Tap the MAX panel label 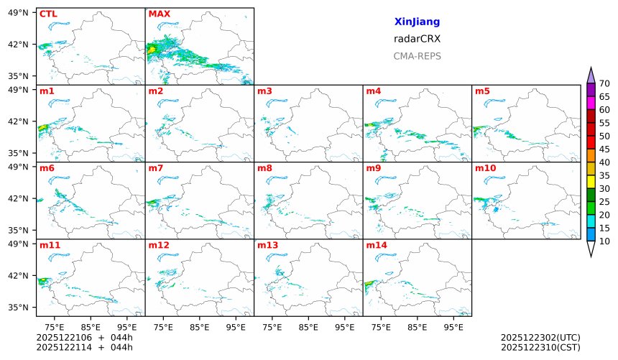click(x=158, y=14)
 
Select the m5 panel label click(x=482, y=91)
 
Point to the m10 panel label click(x=485, y=168)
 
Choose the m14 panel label click(x=376, y=245)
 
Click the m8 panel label click(x=264, y=168)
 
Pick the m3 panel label click(x=264, y=91)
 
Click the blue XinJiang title click(x=417, y=22)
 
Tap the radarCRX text click(x=417, y=39)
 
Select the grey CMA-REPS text click(x=417, y=56)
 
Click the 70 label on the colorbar click(x=604, y=84)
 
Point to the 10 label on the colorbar click(x=604, y=241)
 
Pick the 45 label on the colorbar click(x=604, y=149)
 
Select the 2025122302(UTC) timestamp click(x=540, y=337)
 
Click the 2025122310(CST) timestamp click(x=540, y=347)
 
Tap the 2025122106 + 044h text click(x=84, y=337)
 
